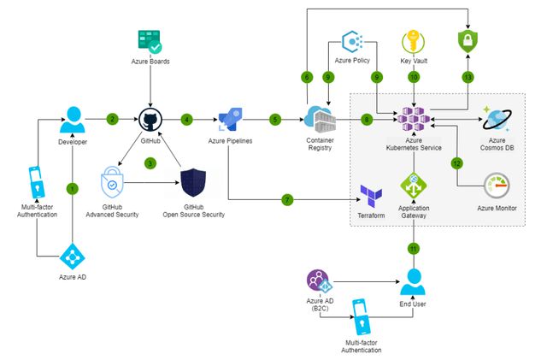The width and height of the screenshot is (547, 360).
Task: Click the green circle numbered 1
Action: (72, 187)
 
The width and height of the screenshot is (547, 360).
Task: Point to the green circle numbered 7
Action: (287, 200)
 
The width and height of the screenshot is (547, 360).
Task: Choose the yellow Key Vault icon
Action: (413, 42)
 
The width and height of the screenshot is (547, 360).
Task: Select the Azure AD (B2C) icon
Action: (319, 281)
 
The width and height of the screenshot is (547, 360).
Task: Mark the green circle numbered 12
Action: (457, 162)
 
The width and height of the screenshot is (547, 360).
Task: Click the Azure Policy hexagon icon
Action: (353, 41)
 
